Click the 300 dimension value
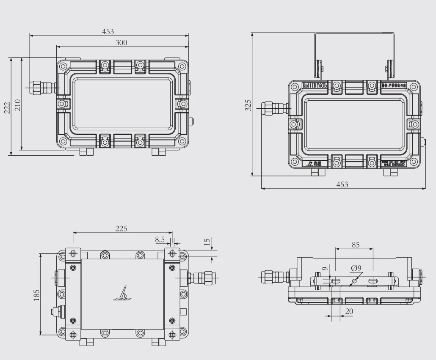121,42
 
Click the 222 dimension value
7,108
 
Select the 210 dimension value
17,105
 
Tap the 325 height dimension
248,105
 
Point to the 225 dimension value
121,228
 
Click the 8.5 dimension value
160,239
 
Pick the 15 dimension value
207,242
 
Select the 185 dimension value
36,294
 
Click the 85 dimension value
356,245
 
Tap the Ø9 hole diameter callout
356,267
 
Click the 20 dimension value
350,311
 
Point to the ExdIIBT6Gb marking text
315,85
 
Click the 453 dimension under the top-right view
342,184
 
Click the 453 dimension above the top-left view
108,32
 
